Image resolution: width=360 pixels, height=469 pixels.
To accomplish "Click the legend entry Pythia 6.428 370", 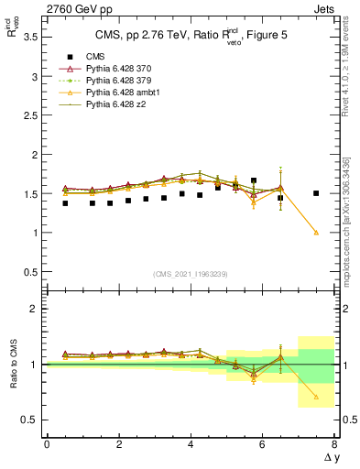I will click(x=117, y=69).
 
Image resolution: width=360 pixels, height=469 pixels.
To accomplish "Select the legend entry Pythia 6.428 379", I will click(x=117, y=81).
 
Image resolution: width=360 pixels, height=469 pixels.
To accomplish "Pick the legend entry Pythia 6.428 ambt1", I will click(x=120, y=93).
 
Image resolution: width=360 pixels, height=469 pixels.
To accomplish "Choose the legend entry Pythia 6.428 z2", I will click(x=115, y=104).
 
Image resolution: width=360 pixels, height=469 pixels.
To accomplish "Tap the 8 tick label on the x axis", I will click(x=334, y=445).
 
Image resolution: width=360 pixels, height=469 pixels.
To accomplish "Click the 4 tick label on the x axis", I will click(x=191, y=445).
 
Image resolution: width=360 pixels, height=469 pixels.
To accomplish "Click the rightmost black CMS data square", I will click(x=316, y=193).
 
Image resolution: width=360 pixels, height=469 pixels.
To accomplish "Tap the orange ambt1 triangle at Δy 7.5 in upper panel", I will click(x=316, y=233).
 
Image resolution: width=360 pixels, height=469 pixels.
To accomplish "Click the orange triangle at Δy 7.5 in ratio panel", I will click(x=316, y=397).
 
